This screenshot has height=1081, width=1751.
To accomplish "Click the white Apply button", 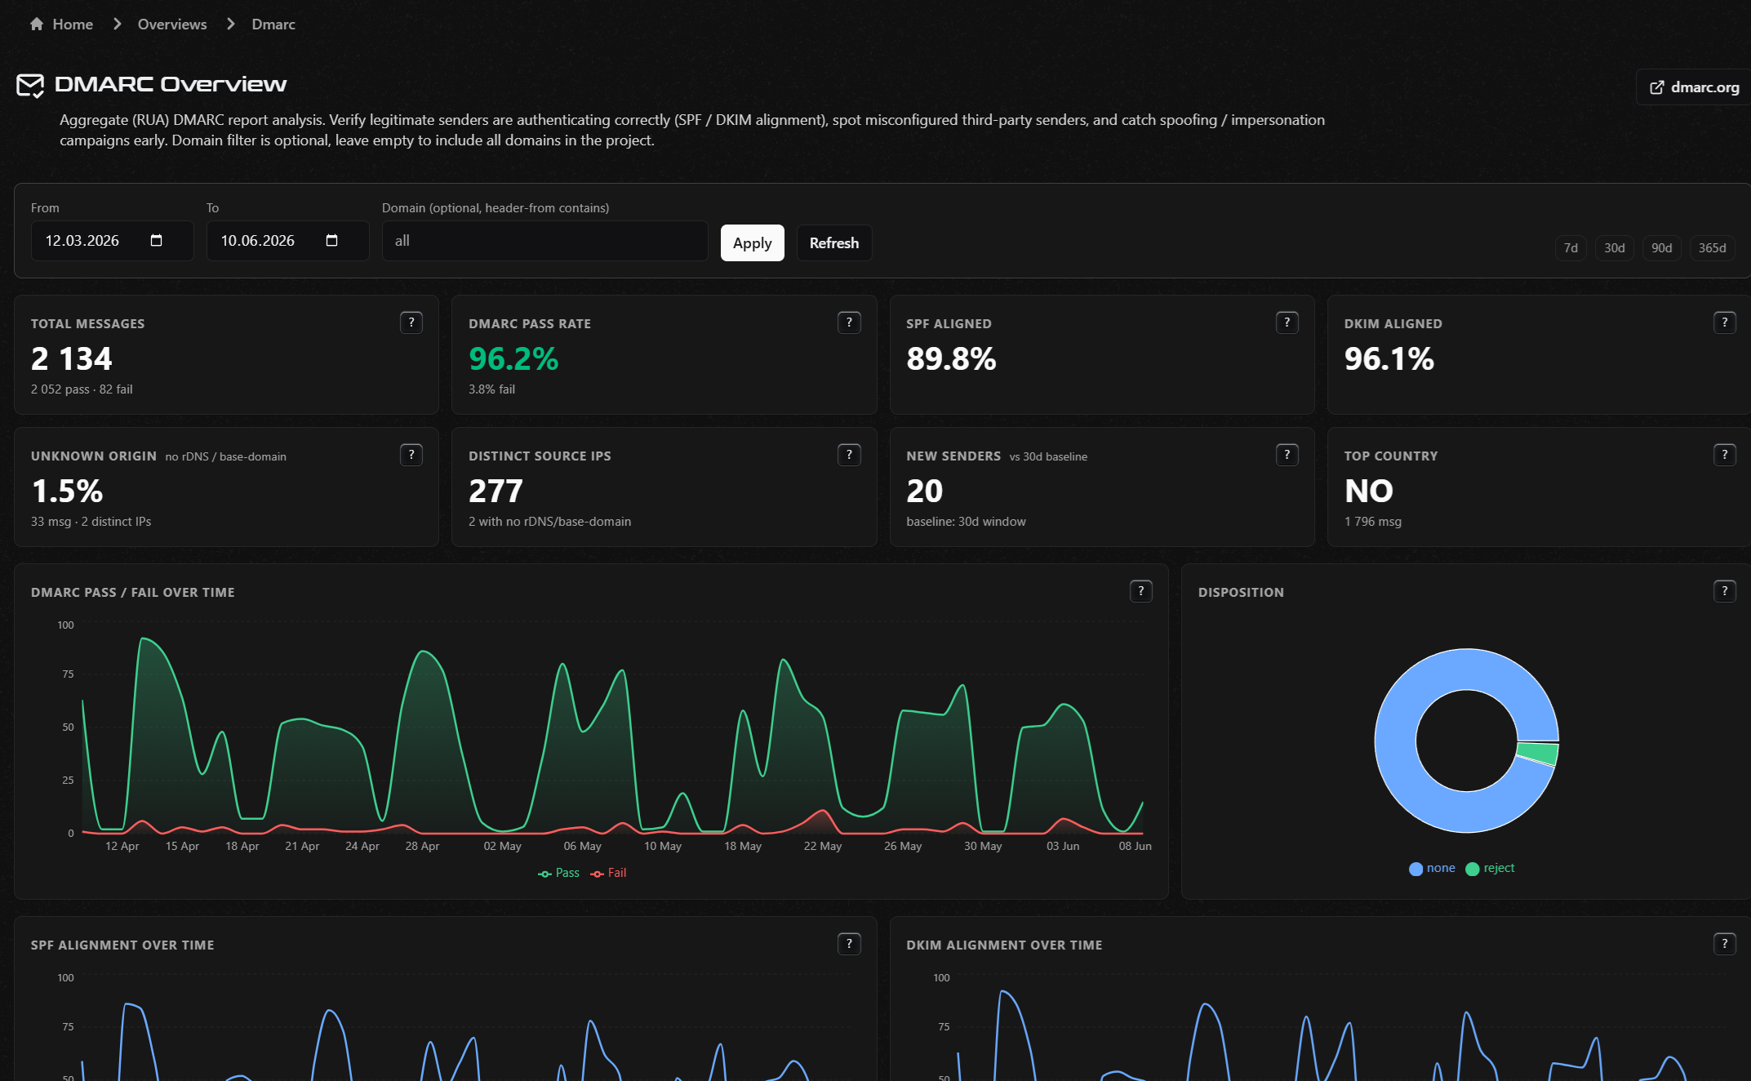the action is tap(752, 242).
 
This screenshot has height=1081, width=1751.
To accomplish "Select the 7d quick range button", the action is tap(1571, 247).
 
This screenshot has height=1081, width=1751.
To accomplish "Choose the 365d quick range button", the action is tap(1712, 247).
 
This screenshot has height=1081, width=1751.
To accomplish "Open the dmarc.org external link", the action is tap(1694, 87).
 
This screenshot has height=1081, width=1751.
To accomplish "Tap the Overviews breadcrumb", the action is tap(172, 24).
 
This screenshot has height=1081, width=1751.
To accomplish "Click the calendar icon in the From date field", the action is tap(157, 240).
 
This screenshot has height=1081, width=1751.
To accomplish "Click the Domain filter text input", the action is tap(544, 241).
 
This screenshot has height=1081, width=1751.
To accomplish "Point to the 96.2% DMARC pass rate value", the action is tap(513, 358).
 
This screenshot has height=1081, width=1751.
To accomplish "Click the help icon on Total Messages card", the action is tap(411, 323).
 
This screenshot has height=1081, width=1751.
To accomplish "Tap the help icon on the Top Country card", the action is tap(1724, 455).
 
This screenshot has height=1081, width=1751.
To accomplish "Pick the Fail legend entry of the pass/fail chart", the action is tap(608, 873).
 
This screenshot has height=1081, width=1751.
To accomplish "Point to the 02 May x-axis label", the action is tap(502, 846).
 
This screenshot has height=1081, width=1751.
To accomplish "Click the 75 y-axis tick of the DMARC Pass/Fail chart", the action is tap(68, 674).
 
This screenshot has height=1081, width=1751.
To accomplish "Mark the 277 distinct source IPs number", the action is tap(496, 491).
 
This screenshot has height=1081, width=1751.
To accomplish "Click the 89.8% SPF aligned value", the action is tap(951, 358).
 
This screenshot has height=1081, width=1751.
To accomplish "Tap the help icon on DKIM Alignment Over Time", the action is tap(1724, 944).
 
